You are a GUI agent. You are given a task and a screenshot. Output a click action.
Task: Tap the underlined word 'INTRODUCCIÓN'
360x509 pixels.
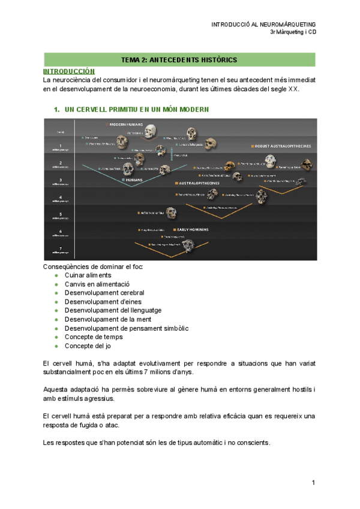[69, 71]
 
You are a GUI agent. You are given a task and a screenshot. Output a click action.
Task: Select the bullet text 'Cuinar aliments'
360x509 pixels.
[88, 274]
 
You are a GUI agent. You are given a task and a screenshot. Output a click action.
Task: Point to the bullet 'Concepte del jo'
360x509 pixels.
[88, 346]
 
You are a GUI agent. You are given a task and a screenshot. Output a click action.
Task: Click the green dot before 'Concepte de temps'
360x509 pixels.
[56, 337]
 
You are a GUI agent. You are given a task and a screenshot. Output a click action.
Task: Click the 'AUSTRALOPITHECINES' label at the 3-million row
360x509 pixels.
[198, 183]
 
